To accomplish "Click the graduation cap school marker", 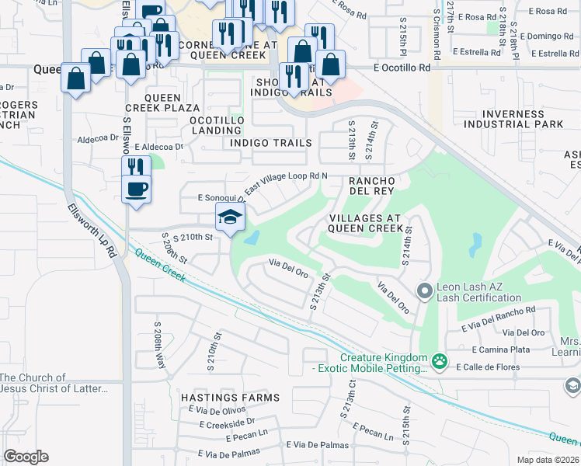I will (231, 218).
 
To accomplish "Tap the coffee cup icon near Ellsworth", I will (137, 190).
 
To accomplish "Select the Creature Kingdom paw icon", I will (440, 360).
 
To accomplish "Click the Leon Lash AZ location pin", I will (424, 292).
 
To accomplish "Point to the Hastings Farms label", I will (230, 398).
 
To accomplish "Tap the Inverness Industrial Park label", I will (512, 119).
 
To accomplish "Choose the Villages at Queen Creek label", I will (366, 223).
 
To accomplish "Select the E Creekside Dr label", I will (227, 423).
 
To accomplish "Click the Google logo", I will (26, 457).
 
